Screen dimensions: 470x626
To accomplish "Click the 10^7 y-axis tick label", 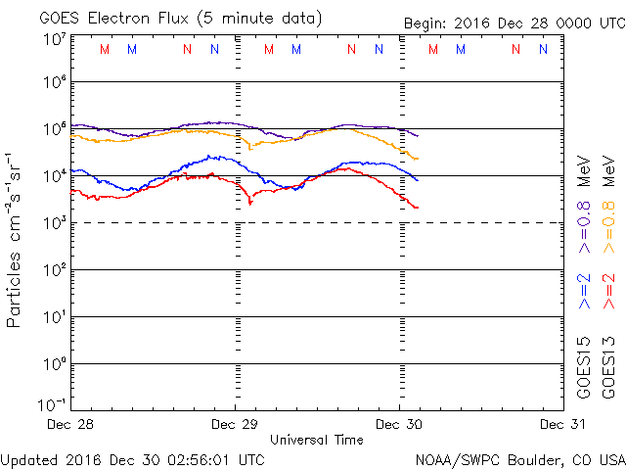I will pos(54,39).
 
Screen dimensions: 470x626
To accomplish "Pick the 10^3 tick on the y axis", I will pos(54,222).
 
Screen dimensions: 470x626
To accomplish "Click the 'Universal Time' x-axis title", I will pos(317,440).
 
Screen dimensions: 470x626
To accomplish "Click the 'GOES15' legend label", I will pos(584,366).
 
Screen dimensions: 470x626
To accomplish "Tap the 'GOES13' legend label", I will pos(607,366).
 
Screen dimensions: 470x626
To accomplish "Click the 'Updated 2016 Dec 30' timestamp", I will pos(133,458).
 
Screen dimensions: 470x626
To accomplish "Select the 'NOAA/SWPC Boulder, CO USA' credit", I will pos(519,458).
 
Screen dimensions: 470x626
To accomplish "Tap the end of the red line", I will pos(418,208).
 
